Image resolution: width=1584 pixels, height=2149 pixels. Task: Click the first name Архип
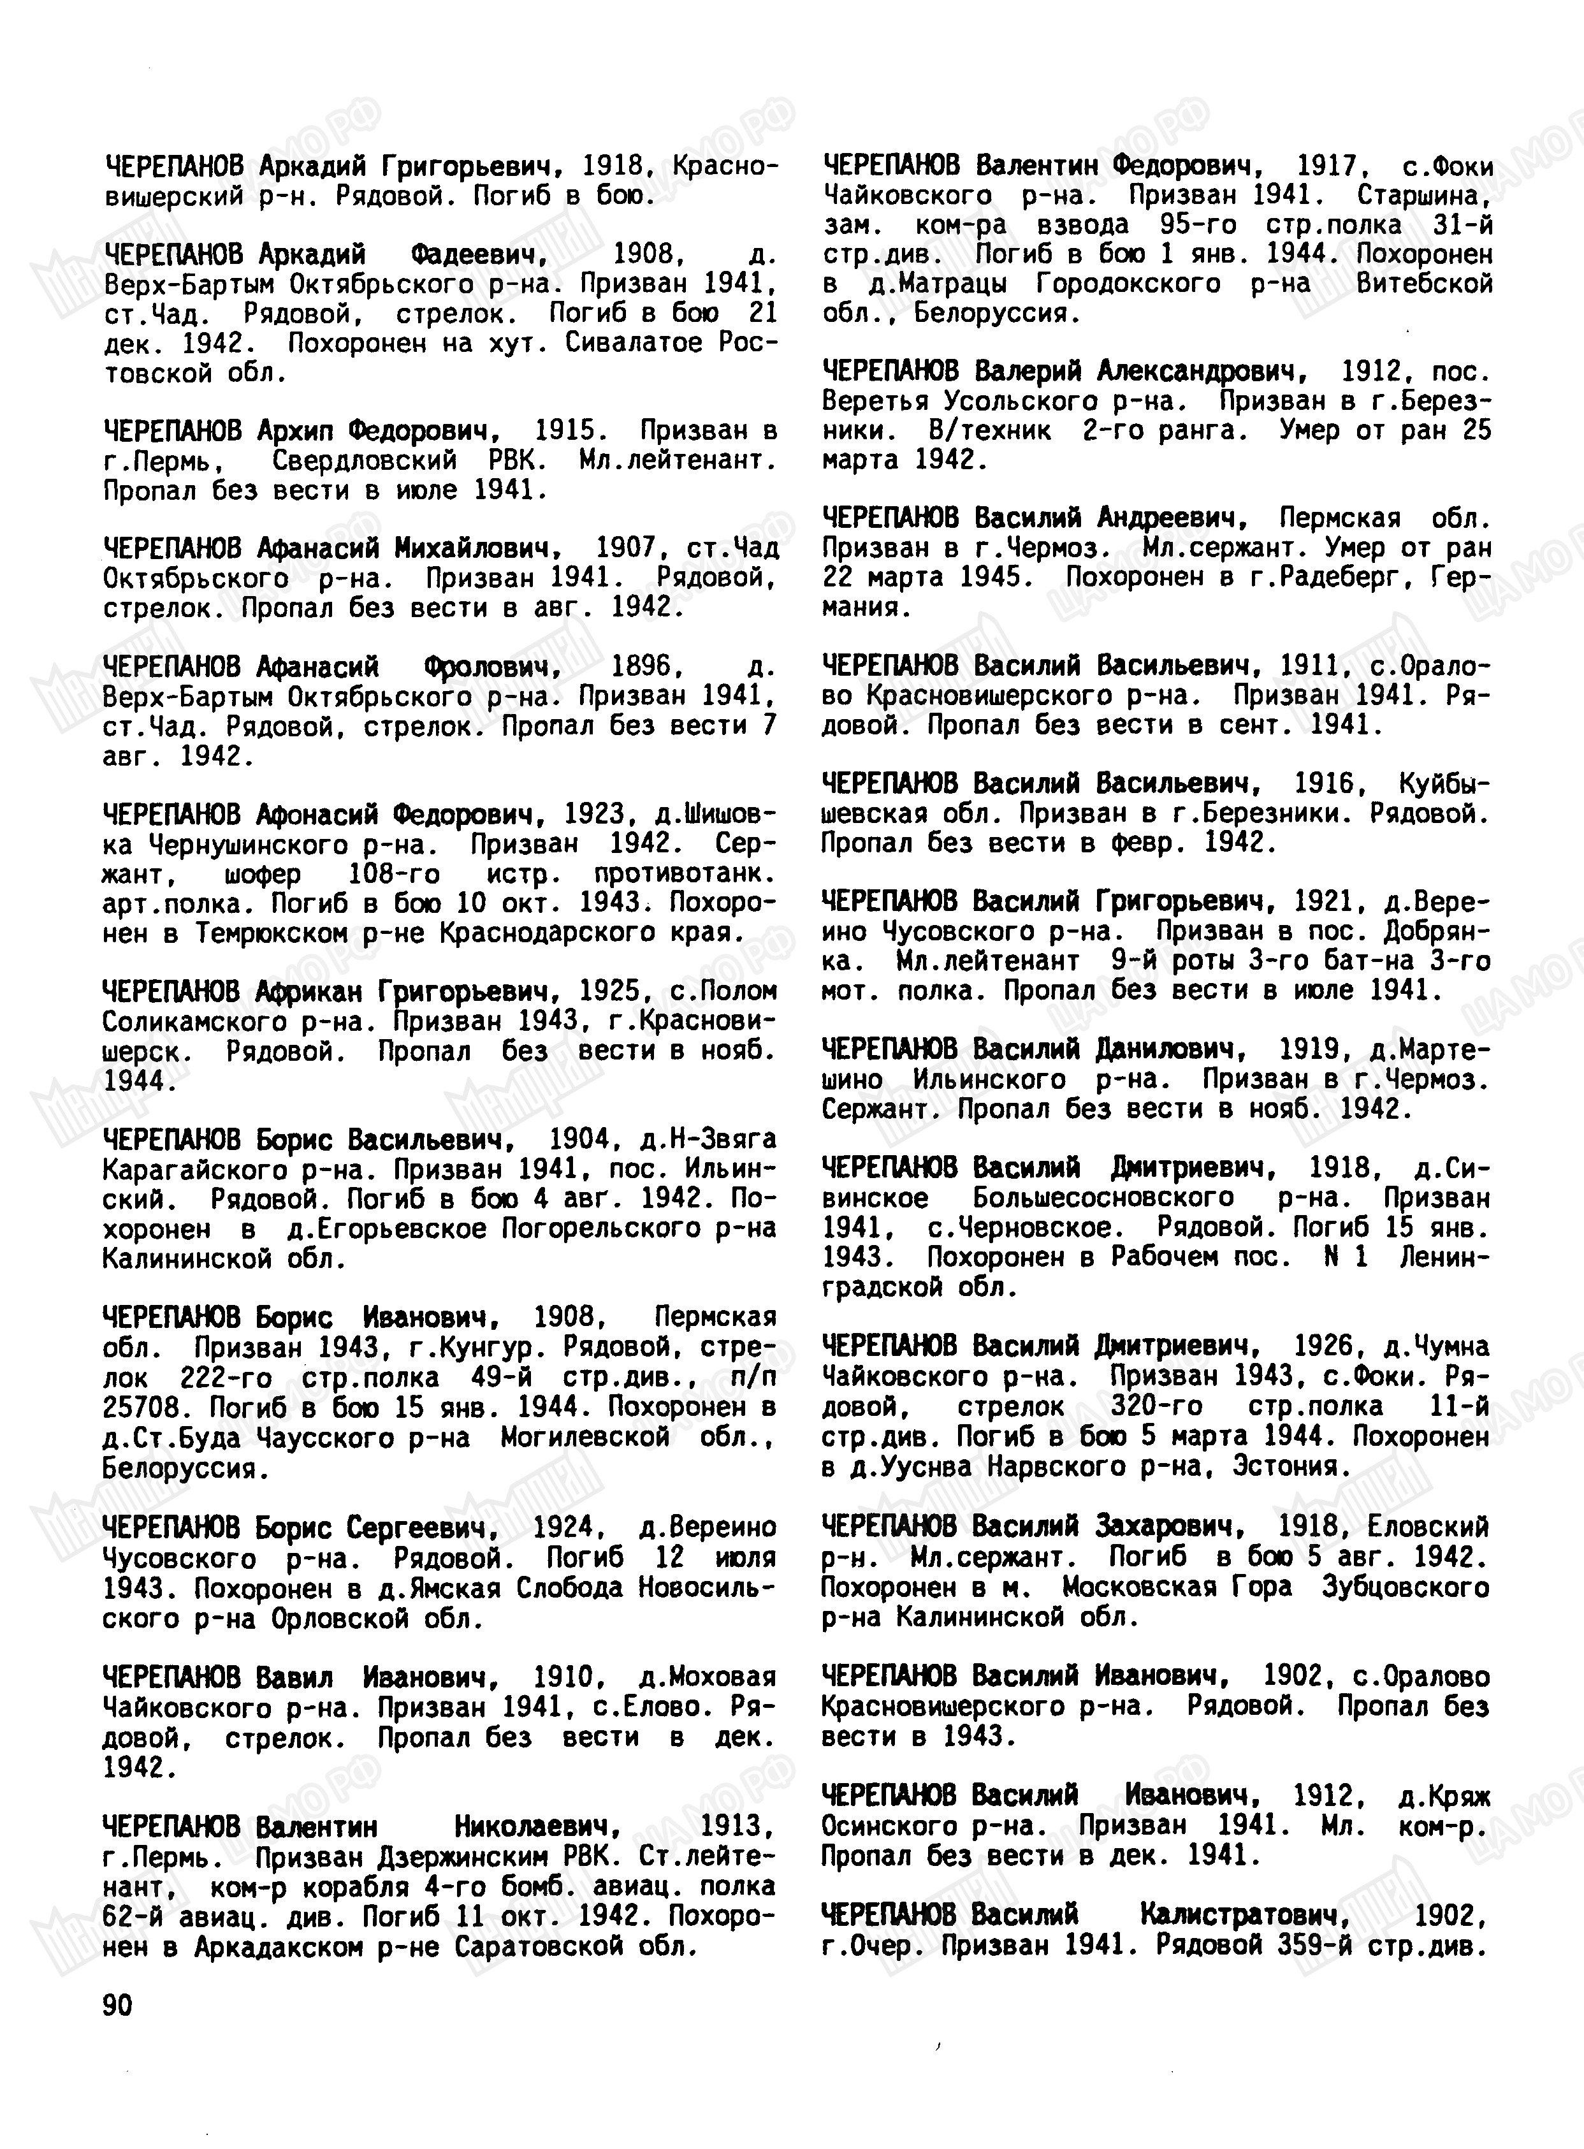coord(293,430)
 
